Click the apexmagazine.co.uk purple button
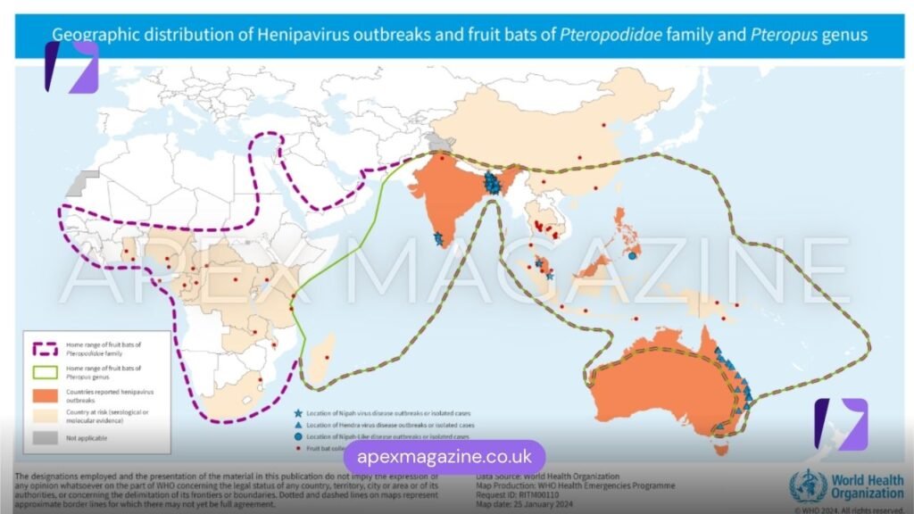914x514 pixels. click(444, 458)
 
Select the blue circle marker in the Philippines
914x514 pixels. click(632, 256)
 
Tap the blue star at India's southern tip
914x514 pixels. click(438, 239)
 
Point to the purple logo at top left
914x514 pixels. click(71, 66)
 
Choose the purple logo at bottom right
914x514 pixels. click(840, 423)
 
